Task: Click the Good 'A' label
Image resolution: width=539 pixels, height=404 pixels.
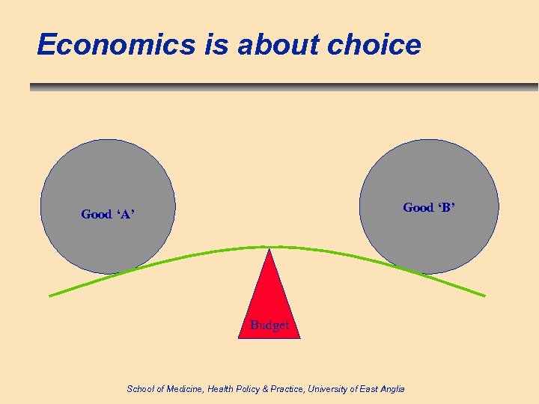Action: click(x=108, y=215)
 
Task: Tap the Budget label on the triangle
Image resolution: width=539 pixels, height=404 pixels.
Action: click(x=269, y=325)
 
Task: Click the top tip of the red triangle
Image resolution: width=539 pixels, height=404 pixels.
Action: click(x=269, y=250)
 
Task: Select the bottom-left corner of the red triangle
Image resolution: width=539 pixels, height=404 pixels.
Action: click(x=239, y=338)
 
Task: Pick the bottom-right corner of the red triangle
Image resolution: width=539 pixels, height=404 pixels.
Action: click(x=300, y=338)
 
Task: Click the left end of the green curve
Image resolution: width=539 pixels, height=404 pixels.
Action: click(x=50, y=296)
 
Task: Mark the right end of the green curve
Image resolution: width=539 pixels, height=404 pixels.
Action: click(x=484, y=296)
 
